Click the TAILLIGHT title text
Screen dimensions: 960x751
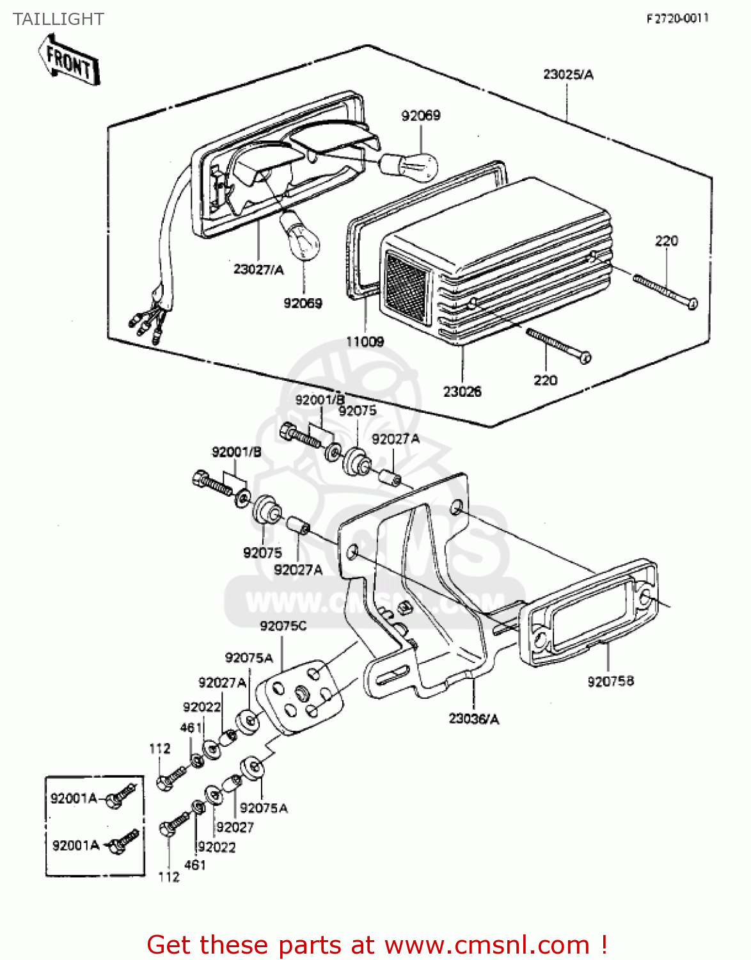58,19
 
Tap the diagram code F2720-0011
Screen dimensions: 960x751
677,19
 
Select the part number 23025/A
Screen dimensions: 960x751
568,74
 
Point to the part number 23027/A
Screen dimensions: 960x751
258,269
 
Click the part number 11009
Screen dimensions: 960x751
365,342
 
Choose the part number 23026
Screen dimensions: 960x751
462,391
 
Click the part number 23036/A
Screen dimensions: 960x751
473,719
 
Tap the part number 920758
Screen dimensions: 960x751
610,682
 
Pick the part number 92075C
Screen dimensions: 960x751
283,626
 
